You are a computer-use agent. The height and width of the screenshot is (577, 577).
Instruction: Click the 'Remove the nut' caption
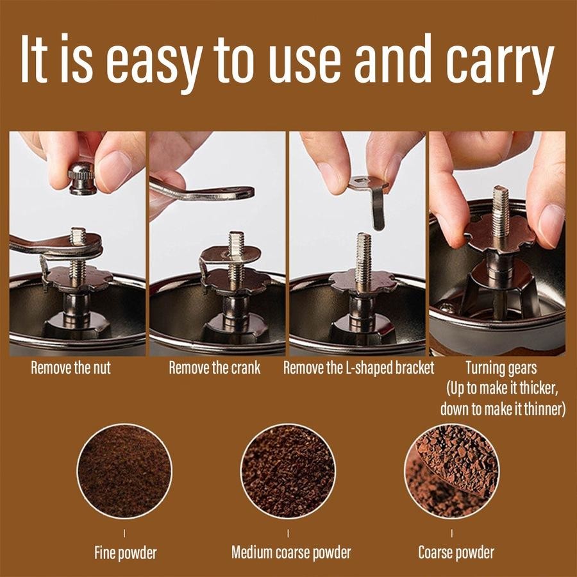71,369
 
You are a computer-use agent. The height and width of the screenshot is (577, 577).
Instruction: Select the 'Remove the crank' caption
214,369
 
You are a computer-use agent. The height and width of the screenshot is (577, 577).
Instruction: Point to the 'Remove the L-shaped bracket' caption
358,369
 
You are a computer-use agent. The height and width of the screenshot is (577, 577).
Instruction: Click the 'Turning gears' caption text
501,369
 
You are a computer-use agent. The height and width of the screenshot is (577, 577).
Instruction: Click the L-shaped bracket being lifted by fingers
372,196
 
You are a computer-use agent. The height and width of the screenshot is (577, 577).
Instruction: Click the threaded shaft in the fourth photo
500,212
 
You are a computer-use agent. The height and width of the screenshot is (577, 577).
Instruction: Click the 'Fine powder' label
124,552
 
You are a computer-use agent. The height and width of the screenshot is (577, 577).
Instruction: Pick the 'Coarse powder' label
456,552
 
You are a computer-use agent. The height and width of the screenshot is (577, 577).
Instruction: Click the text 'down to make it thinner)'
502,409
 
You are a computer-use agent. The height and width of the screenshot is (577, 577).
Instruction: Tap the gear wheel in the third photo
359,281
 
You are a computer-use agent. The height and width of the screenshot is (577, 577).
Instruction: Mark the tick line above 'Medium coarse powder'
288,533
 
